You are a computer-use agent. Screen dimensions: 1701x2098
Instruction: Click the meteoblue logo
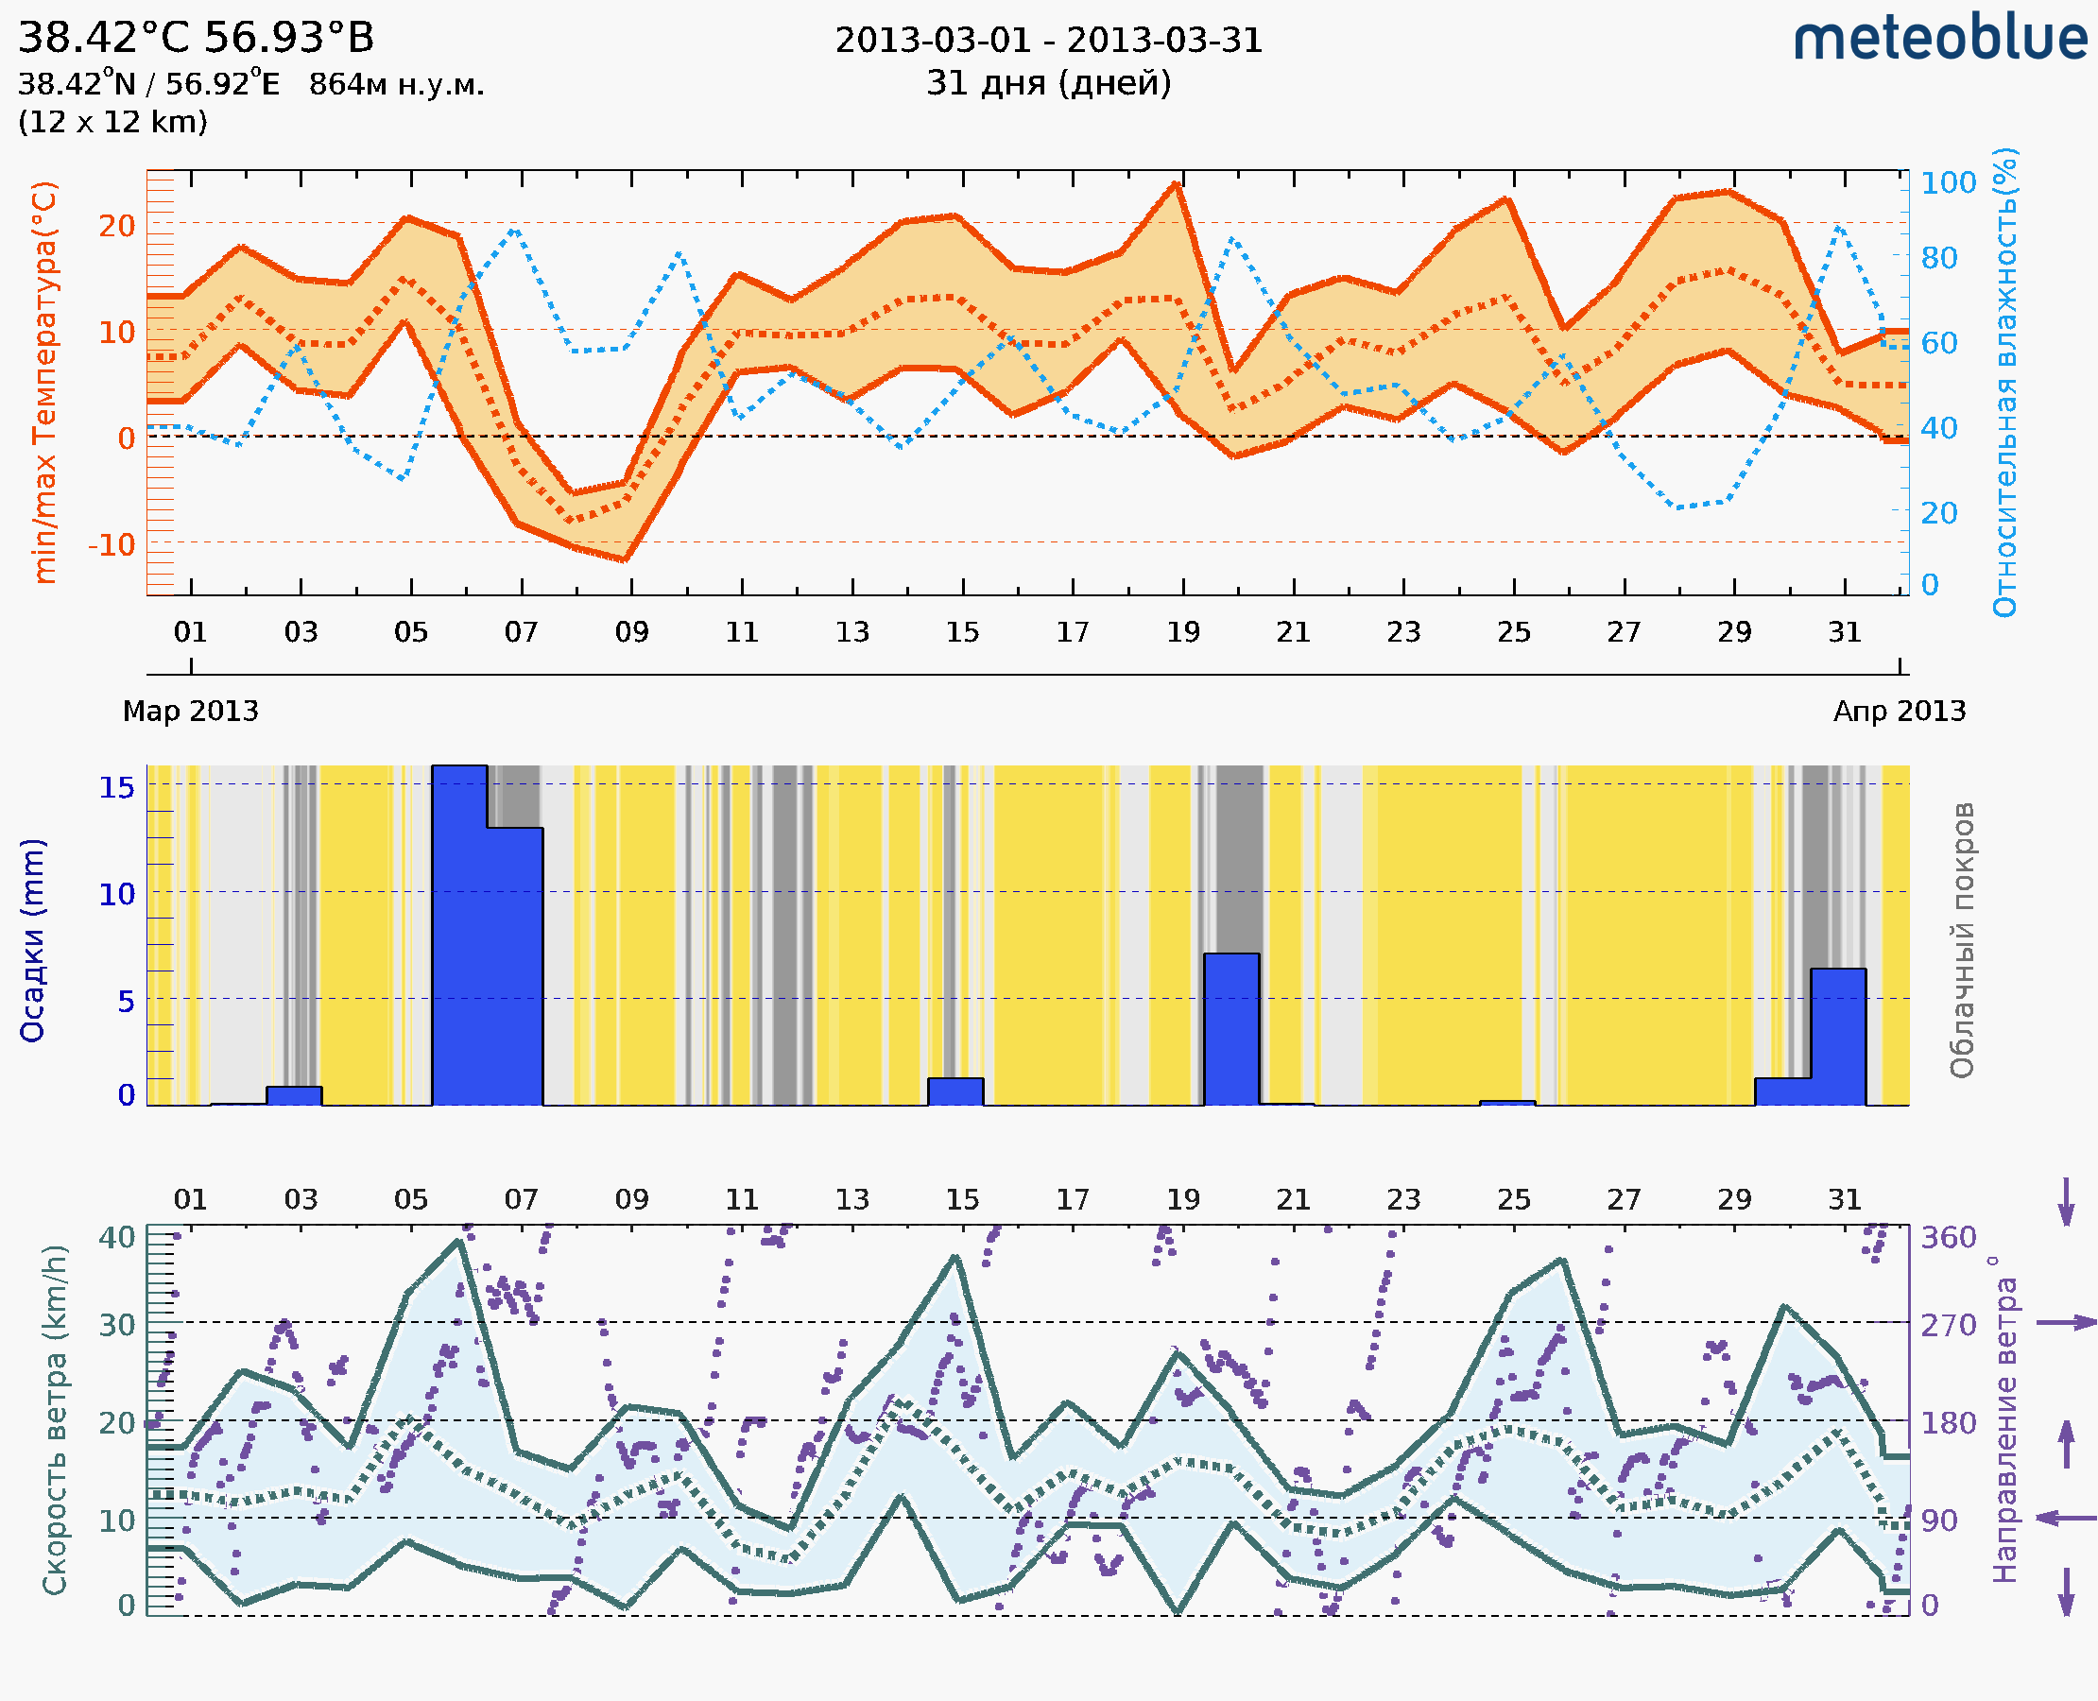(1939, 39)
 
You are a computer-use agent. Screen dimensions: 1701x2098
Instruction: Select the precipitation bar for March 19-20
(1230, 1029)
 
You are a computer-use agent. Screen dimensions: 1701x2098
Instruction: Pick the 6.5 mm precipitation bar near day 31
(1837, 1037)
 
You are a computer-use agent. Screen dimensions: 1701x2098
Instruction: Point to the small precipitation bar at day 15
(955, 1091)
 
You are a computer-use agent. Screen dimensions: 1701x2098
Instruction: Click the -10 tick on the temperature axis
(112, 544)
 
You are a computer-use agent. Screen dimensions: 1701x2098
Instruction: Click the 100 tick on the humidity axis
(1948, 183)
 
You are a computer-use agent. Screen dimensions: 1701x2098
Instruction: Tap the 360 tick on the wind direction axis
(1948, 1238)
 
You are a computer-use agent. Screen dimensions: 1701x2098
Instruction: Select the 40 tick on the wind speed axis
(116, 1238)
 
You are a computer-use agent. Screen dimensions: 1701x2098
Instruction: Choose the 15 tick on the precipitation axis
(116, 788)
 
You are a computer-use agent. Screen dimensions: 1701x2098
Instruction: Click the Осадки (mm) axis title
(32, 940)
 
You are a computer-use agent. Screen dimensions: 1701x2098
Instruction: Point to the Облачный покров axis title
(1961, 940)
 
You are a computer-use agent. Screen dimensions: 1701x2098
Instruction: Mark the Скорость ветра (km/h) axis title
(55, 1419)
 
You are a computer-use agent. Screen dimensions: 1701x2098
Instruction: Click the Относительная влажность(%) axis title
(2004, 382)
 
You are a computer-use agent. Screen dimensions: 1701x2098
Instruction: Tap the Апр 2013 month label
(1900, 712)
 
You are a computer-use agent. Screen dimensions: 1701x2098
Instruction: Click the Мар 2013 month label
(190, 712)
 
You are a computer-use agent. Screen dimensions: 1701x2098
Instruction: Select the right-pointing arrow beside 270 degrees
(2066, 1323)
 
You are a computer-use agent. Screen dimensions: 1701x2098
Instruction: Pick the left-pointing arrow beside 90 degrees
(2066, 1518)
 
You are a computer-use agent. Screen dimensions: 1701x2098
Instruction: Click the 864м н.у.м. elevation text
(396, 85)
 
